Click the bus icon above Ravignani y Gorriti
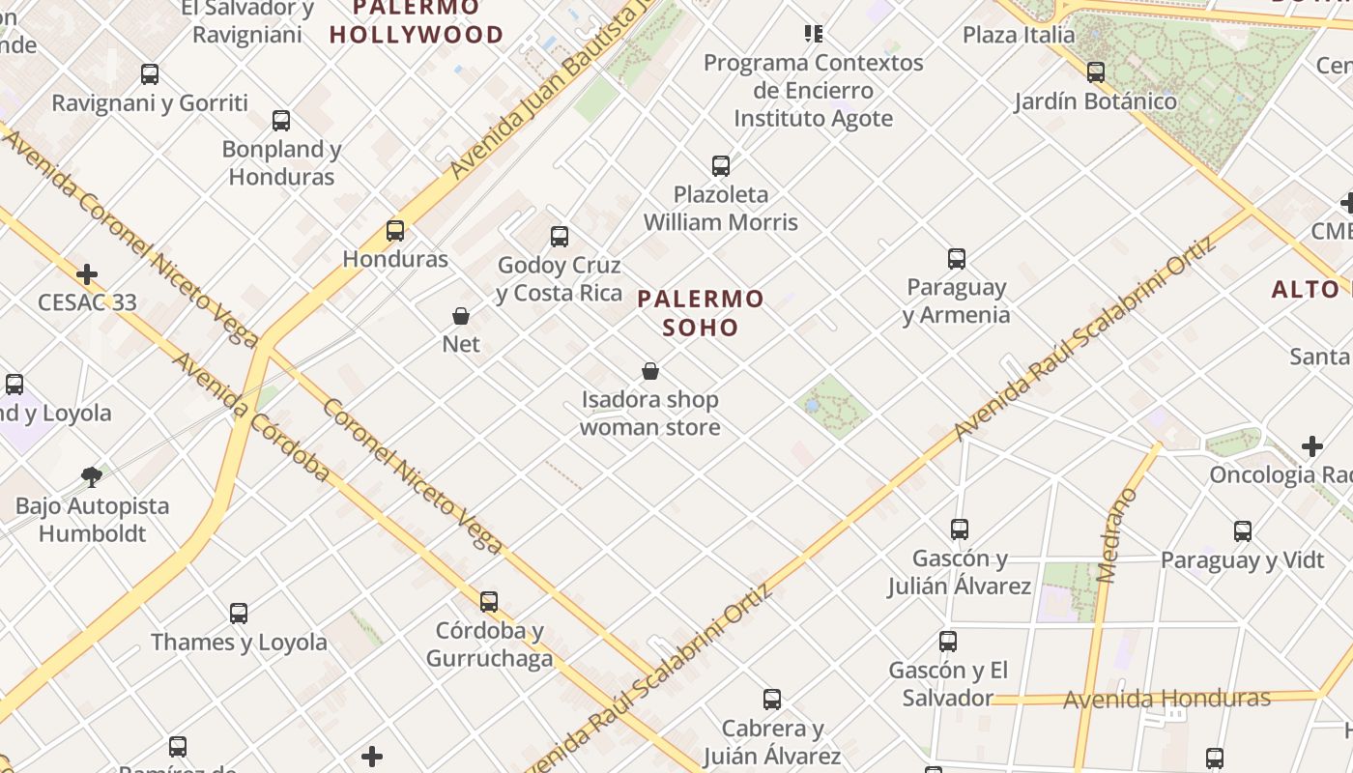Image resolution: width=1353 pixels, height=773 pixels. tap(150, 74)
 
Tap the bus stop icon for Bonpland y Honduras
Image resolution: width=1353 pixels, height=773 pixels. tap(281, 121)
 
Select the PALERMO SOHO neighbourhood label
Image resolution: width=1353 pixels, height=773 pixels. tap(701, 312)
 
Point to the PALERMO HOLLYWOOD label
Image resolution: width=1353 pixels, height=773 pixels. tap(417, 21)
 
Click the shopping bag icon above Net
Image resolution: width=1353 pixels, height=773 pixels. tap(461, 316)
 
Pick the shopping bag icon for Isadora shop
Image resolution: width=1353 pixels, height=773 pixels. tap(650, 371)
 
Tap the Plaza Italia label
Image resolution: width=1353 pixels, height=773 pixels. tap(1018, 35)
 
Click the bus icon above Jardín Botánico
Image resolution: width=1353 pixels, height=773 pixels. tap(1095, 72)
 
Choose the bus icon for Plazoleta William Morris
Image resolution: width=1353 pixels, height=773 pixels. tap(721, 166)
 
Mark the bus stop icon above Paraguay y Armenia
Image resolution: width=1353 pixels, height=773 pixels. tap(956, 259)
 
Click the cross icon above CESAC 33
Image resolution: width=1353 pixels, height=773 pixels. tap(87, 274)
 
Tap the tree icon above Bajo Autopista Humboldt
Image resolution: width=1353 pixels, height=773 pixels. tap(92, 476)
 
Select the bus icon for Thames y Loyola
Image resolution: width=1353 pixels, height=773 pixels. tap(239, 614)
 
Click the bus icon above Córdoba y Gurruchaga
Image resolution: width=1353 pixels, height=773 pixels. tap(489, 602)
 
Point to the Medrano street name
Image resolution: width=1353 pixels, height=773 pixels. tap(1118, 535)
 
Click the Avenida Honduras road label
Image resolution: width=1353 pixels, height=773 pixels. tap(1166, 699)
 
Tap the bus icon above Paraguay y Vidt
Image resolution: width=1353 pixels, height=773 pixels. tap(1242, 531)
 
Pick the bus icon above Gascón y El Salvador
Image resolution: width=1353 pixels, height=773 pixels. tap(948, 642)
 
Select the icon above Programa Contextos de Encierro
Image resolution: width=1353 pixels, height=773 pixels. tap(813, 34)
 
